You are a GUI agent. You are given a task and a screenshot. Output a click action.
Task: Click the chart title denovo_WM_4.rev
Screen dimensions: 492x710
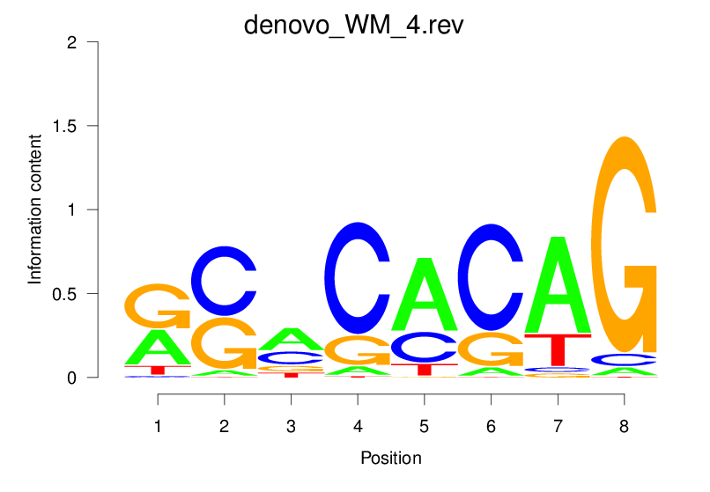tap(353, 26)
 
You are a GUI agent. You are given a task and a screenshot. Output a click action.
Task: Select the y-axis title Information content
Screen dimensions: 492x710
tap(35, 209)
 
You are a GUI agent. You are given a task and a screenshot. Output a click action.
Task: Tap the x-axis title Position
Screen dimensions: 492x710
tap(390, 458)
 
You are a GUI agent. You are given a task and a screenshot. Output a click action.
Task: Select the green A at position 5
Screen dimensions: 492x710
tap(424, 295)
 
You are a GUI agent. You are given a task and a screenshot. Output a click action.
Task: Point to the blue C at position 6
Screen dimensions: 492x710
tap(490, 277)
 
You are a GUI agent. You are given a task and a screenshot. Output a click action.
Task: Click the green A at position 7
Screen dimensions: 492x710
tap(558, 283)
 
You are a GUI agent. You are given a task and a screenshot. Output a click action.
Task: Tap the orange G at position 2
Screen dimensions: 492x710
tap(225, 343)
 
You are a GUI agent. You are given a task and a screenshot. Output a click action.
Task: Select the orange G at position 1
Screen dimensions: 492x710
tap(158, 305)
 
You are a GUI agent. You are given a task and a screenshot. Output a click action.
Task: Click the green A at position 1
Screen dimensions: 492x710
tap(158, 346)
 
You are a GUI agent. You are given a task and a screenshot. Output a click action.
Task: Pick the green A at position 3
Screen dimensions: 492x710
tap(291, 338)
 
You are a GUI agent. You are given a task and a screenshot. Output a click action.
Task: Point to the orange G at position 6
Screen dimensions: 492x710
tap(491, 349)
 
